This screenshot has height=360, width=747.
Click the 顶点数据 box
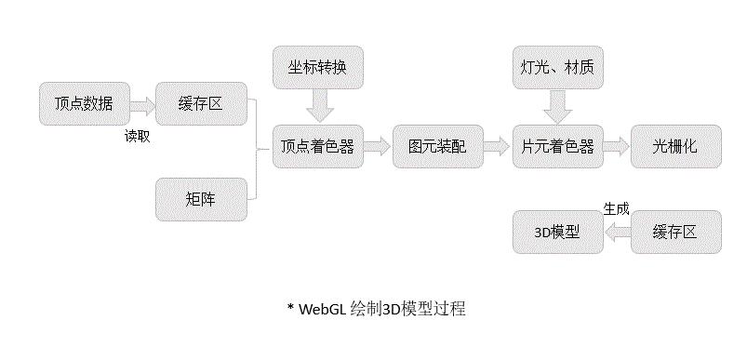85,103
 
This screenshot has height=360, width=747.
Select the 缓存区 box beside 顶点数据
201,103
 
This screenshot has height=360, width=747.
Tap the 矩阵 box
201,198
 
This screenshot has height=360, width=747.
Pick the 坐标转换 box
318,68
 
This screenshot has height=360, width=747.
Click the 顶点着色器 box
318,146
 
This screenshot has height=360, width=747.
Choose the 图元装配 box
438,146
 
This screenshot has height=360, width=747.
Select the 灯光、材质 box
558,68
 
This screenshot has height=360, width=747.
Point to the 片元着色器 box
558,146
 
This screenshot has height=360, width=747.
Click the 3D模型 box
557,232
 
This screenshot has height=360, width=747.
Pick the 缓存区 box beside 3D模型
676,232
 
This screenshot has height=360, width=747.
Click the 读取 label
138,135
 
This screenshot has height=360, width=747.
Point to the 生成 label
616,209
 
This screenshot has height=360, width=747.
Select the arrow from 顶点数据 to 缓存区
142,104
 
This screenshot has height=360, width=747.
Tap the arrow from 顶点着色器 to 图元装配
378,146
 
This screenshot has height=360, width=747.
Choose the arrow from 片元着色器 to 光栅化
617,146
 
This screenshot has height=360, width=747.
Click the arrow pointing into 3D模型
617,233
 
